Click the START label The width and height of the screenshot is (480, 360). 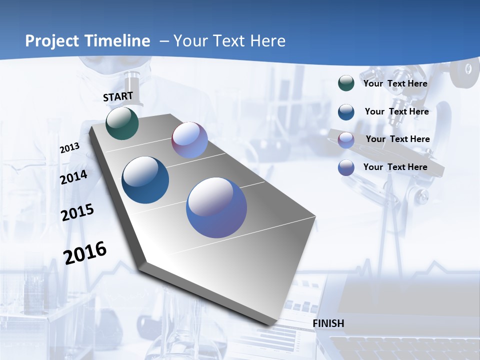click(x=118, y=96)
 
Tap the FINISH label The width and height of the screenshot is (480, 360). click(x=328, y=323)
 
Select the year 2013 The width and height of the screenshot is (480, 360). click(x=69, y=148)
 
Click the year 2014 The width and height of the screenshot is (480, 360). click(x=74, y=177)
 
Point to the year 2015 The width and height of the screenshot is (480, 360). click(x=77, y=212)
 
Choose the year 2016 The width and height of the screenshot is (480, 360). click(x=85, y=252)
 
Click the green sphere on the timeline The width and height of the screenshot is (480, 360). click(x=122, y=123)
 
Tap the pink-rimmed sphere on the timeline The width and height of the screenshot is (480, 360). click(x=189, y=140)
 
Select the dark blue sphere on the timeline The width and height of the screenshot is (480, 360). click(x=145, y=180)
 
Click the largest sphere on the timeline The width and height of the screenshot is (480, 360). click(x=216, y=207)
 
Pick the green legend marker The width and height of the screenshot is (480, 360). click(x=346, y=83)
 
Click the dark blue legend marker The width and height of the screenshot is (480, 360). click(x=346, y=112)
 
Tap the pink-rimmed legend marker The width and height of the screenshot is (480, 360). click(x=346, y=140)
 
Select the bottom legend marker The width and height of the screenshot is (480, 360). click(x=346, y=167)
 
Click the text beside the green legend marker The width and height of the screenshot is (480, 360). click(x=395, y=83)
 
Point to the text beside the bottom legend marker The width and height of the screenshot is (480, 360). click(x=395, y=167)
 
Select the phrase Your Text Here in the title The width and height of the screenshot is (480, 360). click(x=229, y=41)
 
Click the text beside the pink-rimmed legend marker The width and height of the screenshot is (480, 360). click(x=397, y=139)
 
